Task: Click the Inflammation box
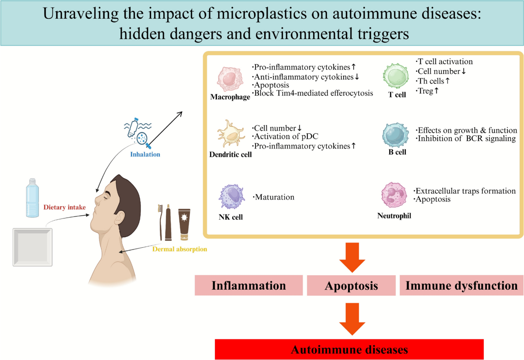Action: point(248,286)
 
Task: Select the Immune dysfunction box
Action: point(461,286)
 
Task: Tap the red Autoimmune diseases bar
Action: point(349,350)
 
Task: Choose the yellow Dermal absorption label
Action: point(179,249)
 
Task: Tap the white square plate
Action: point(33,246)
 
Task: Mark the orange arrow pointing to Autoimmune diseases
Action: point(352,320)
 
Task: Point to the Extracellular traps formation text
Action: point(465,191)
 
